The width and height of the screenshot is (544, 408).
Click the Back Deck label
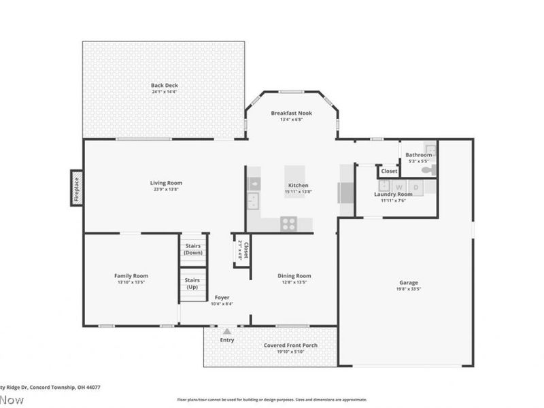click(x=164, y=85)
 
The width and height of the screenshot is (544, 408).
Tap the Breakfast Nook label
click(x=291, y=113)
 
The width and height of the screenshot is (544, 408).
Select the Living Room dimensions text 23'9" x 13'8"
click(x=166, y=190)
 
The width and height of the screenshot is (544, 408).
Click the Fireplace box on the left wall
click(x=76, y=188)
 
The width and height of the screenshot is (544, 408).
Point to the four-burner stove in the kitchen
click(x=288, y=223)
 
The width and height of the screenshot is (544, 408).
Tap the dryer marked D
click(x=416, y=186)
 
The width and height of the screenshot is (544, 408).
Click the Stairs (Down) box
click(x=193, y=249)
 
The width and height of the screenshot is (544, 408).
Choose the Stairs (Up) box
click(x=192, y=284)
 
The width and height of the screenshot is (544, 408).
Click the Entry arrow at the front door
click(x=226, y=332)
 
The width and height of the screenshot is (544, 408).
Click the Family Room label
click(x=131, y=275)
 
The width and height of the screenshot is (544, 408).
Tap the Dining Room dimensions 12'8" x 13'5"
click(x=294, y=282)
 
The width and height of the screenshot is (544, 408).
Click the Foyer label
click(x=222, y=297)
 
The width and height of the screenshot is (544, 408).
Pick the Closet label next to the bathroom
click(x=389, y=171)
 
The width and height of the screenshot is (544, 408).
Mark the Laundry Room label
click(x=393, y=194)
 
